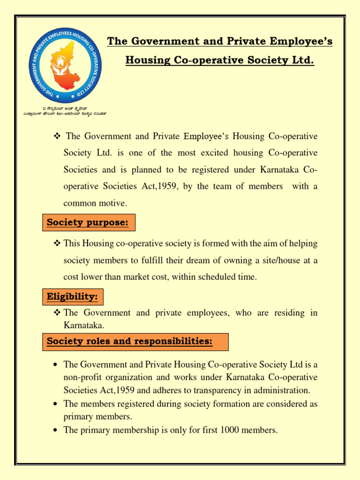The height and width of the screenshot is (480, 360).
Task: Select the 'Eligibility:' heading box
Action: tap(73, 297)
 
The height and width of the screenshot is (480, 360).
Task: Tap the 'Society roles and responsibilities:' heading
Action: tap(129, 342)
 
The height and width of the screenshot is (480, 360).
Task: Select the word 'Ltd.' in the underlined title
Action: tap(302, 60)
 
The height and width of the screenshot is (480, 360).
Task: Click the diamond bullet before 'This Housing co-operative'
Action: tap(58, 243)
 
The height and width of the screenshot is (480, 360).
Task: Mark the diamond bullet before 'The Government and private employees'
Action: tap(58, 313)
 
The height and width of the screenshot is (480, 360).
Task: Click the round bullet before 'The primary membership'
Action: tap(56, 430)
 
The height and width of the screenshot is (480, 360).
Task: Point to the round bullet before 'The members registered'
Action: tap(56, 404)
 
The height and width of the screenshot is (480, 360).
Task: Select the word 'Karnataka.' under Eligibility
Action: tap(83, 325)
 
